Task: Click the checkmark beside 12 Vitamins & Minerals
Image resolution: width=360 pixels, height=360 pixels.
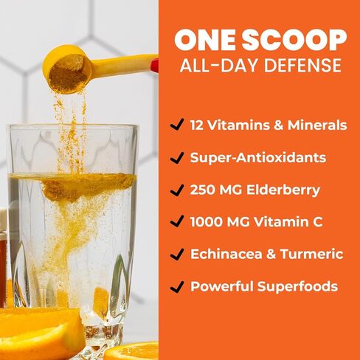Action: [176, 125]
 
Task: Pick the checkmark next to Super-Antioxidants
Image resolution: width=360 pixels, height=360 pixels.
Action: [176, 158]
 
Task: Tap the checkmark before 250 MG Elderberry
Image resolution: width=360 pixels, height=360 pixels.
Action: [176, 190]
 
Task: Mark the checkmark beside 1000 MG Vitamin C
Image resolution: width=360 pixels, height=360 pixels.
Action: [176, 222]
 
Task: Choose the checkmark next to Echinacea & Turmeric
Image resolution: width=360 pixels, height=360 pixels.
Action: [176, 254]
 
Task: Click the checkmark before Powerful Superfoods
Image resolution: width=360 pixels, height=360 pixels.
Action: [176, 286]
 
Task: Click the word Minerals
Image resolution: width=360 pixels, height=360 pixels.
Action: [317, 125]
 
